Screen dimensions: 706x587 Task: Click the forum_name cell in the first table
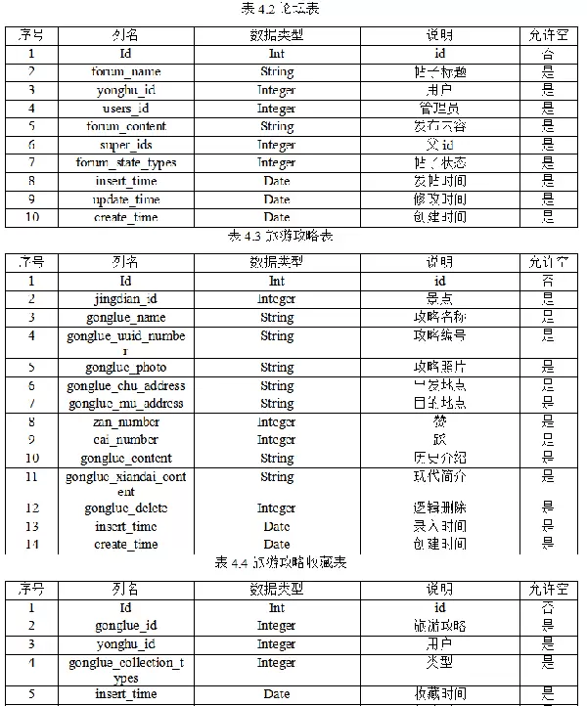click(126, 71)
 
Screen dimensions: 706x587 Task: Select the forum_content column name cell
click(126, 126)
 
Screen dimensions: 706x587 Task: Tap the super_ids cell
click(126, 145)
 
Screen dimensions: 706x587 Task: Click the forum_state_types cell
click(126, 162)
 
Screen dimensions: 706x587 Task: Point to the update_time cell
click(126, 199)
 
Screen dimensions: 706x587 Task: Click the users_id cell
click(126, 109)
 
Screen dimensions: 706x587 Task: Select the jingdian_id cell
click(126, 299)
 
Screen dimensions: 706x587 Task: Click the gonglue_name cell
click(126, 318)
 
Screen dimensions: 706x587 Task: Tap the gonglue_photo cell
click(126, 368)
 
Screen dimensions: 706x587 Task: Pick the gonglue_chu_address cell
click(126, 386)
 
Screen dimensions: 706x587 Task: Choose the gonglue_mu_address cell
click(126, 404)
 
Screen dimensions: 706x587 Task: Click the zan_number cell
click(126, 422)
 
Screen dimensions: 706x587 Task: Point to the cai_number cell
click(126, 440)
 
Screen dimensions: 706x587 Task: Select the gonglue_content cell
click(126, 459)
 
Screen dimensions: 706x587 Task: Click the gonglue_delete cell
click(126, 508)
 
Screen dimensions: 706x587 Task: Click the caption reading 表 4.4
click(281, 562)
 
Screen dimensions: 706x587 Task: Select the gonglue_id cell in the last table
click(126, 626)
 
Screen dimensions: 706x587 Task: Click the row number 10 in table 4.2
click(32, 217)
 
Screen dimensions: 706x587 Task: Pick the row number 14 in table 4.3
click(32, 545)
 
